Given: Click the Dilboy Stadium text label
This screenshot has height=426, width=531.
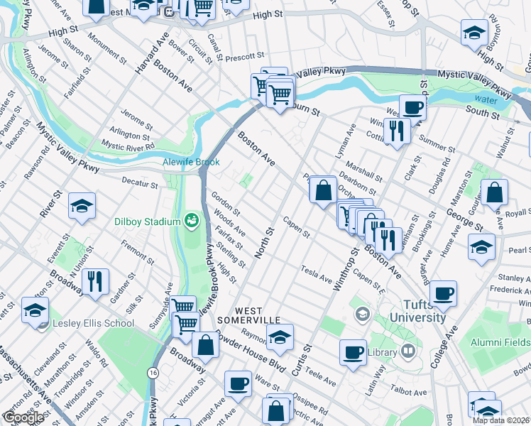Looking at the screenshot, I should (148, 222).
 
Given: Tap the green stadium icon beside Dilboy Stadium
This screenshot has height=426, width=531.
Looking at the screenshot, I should (190, 220).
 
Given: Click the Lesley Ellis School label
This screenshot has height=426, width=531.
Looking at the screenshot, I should (94, 324).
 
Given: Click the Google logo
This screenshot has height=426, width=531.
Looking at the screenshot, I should (23, 418).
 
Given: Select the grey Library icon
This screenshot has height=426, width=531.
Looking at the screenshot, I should (408, 350).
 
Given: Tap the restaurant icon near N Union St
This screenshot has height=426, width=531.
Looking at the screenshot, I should (95, 281).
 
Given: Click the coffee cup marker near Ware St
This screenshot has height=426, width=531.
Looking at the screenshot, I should (238, 383).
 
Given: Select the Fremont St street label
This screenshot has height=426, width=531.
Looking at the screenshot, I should (133, 248).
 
